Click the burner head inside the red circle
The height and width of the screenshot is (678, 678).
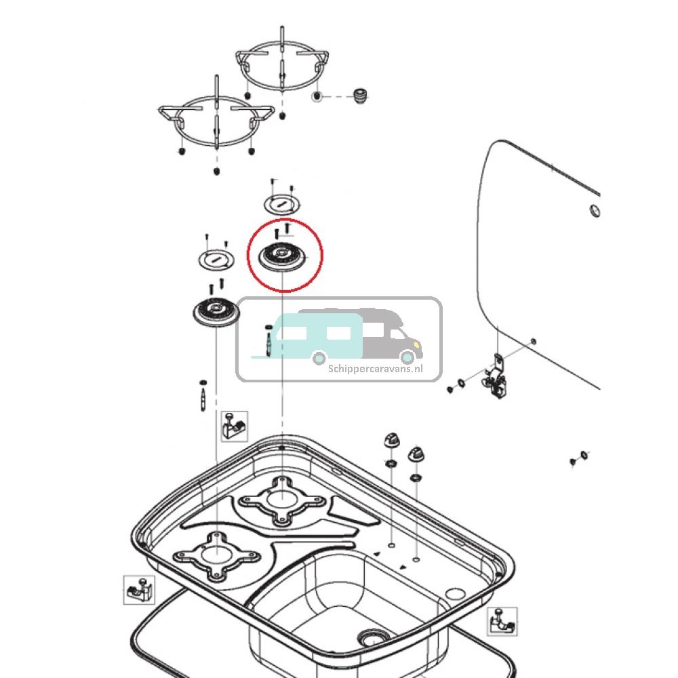[x=283, y=256]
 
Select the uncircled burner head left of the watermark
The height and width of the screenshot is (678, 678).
[x=215, y=312]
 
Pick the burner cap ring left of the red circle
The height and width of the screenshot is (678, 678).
[x=214, y=258]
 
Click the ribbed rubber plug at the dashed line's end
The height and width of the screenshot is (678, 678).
[x=360, y=96]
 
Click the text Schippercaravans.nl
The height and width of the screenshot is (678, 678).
[x=375, y=369]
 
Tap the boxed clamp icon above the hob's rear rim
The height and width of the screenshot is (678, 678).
[x=235, y=425]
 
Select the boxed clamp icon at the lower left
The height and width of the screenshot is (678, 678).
[x=138, y=590]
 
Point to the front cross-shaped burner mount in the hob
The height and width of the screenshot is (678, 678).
[x=216, y=556]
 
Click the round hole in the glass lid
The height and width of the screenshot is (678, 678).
[x=593, y=210]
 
